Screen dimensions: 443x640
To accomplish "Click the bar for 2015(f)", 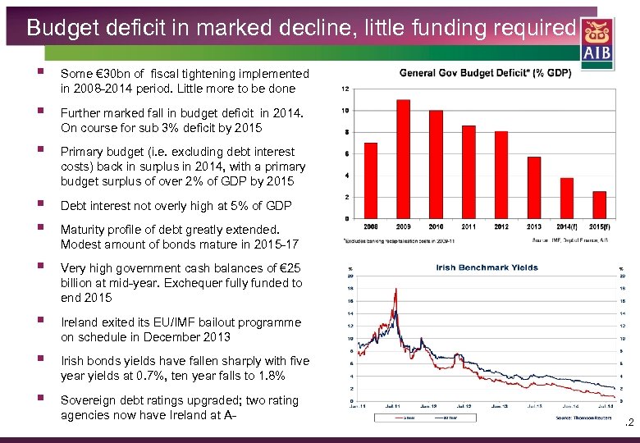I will coord(599,204).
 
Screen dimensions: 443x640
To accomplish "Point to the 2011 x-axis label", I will coord(469,226).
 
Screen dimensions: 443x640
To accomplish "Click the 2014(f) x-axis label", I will coord(566,226).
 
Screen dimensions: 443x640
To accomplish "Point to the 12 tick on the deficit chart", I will coord(345,89).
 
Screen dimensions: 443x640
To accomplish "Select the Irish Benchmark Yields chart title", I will coord(487,267).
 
